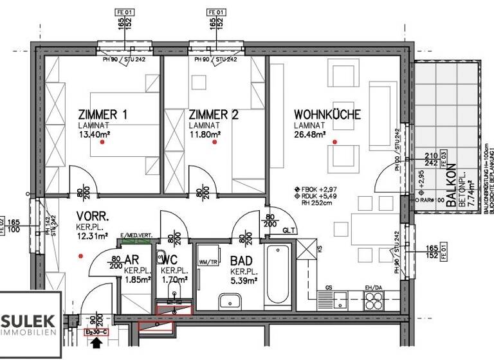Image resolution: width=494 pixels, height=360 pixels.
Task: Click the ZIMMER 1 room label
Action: point(102,114)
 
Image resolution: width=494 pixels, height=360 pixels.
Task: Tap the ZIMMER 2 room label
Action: point(214,114)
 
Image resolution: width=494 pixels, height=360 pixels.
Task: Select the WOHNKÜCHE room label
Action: point(327,114)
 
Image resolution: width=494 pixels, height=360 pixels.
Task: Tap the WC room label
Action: point(169,260)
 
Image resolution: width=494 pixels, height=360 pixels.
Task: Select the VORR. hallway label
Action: point(90,217)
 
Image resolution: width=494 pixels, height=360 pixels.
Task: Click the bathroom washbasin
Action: point(229,300)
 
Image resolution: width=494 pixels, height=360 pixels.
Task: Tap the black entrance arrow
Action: point(97,345)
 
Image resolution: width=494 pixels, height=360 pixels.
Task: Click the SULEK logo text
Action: point(30,321)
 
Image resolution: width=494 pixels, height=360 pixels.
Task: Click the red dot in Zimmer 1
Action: point(101,142)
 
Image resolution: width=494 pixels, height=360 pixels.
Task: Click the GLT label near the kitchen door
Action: point(290,230)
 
